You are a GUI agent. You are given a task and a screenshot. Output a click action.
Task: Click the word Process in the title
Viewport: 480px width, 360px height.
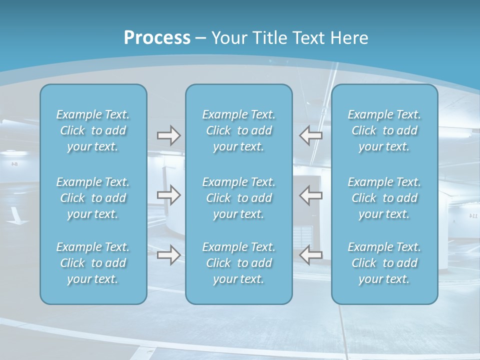157,37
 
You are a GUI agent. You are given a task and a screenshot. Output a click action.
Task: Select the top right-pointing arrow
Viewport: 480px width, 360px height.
168,135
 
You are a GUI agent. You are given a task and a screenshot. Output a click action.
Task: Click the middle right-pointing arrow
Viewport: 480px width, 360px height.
168,195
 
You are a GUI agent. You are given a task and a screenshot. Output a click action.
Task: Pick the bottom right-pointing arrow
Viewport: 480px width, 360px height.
168,255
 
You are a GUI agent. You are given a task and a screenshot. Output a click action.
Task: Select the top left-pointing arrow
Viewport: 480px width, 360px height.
311,135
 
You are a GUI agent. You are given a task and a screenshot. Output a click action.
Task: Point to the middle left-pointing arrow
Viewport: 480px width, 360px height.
311,195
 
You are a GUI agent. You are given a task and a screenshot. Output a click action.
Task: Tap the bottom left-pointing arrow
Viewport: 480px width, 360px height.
311,255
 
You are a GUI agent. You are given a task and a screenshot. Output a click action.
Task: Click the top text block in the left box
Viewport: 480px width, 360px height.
93,130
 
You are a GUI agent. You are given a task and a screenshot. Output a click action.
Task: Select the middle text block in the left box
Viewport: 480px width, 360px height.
93,198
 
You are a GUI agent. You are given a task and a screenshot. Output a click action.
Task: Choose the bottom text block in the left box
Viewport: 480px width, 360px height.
93,263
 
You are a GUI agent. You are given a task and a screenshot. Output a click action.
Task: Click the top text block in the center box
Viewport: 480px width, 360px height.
239,130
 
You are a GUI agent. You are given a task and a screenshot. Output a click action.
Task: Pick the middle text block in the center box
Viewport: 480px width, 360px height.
239,198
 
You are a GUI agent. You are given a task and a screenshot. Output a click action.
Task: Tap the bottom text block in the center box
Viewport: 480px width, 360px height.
239,263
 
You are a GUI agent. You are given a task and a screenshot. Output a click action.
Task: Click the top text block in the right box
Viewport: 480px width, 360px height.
384,130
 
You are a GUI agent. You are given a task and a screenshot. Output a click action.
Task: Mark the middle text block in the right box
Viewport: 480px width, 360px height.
384,198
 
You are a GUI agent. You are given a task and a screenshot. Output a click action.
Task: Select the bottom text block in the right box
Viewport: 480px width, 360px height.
384,263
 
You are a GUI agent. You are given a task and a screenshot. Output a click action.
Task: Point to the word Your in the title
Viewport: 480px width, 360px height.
227,37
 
